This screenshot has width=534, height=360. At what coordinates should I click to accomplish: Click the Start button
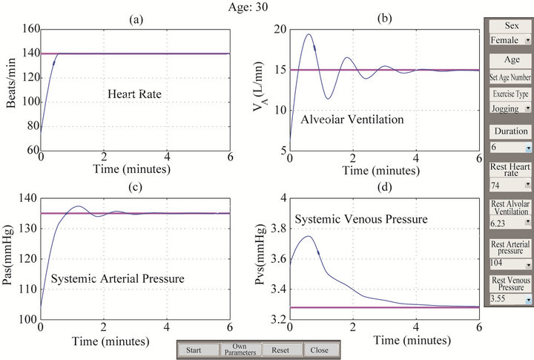tap(194, 350)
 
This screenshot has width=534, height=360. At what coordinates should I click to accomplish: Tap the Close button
tap(320, 350)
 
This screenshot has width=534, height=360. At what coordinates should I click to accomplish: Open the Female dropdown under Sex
tap(509, 41)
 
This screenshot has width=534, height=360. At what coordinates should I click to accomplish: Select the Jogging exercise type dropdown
tap(509, 108)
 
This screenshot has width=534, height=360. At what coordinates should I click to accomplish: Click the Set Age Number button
tap(509, 76)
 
